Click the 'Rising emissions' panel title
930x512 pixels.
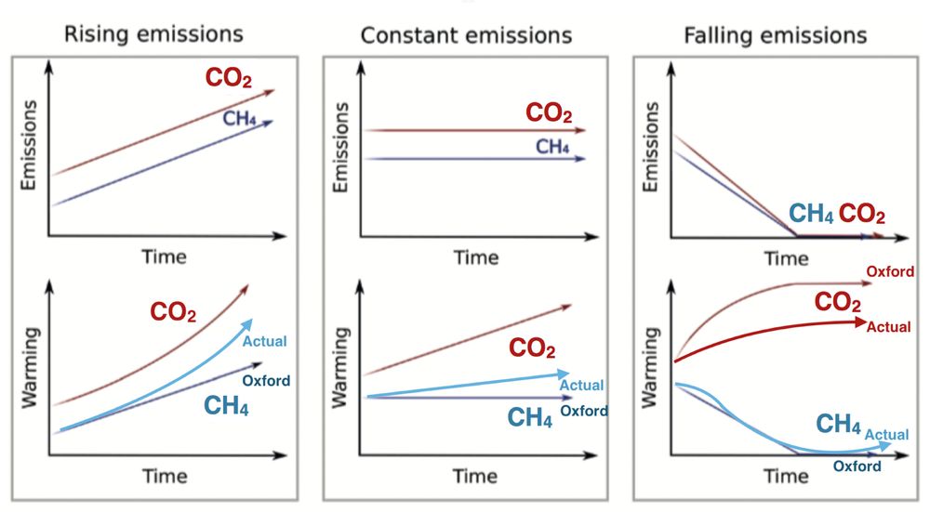pos(153,34)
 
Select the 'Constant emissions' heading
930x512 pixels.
pos(465,35)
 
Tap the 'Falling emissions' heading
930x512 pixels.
pos(775,35)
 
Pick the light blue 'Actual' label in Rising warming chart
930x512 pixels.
pos(264,341)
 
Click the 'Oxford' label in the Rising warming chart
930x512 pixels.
pos(266,380)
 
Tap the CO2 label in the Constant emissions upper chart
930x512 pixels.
pos(550,113)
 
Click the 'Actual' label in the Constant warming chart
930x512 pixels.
pos(581,385)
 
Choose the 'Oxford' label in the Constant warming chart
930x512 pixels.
pos(583,411)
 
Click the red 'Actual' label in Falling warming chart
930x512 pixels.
pos(887,327)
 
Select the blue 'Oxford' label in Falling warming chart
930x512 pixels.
pos(857,466)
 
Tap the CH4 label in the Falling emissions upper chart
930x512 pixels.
pos(810,214)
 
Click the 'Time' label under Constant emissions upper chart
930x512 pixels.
pos(476,257)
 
